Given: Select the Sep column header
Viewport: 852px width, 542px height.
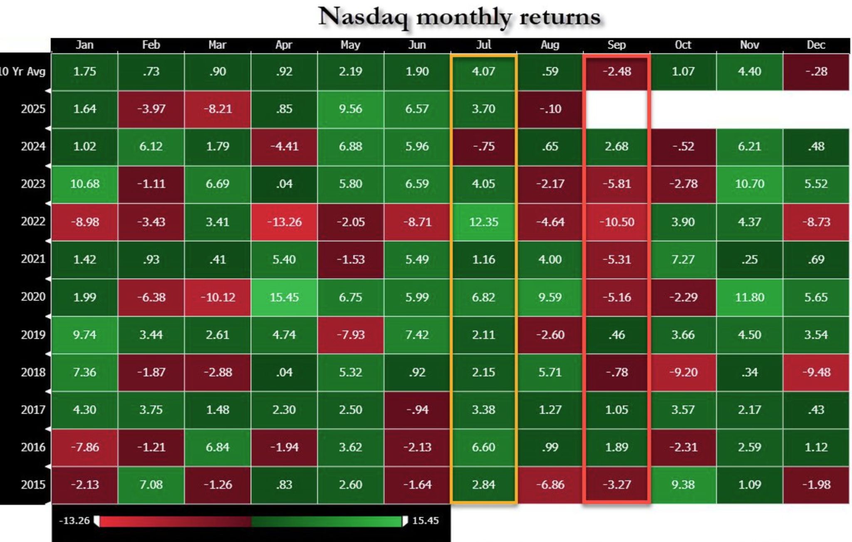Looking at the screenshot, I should coord(616,45).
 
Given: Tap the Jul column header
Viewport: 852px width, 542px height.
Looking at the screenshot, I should coord(483,45).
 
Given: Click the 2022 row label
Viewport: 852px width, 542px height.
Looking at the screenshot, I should coord(33,221).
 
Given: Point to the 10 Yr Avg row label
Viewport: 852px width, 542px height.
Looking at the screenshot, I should coord(23,71).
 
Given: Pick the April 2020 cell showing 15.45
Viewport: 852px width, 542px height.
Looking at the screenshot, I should coord(284,297).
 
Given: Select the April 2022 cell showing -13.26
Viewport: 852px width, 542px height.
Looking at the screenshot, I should coord(284,222).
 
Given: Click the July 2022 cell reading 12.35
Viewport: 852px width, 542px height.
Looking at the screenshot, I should coord(483,222).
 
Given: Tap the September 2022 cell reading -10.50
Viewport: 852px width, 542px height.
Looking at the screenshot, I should coord(617,222).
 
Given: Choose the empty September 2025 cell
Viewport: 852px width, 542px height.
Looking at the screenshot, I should coord(617,109).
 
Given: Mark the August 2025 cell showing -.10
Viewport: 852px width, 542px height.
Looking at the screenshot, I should coord(550,109).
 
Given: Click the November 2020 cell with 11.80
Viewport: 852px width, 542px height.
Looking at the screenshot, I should coord(750,297).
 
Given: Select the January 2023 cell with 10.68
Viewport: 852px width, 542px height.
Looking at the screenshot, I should coord(84,184).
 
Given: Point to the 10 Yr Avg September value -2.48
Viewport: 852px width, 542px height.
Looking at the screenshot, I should coord(617,71).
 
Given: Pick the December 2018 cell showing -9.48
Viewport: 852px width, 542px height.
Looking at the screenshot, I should coord(816,372).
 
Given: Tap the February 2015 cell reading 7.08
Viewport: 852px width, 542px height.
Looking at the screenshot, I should coord(151,485).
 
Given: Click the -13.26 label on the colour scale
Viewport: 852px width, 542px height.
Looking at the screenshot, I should coord(74,520).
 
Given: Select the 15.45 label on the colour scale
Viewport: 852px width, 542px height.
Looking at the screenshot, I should coord(425,520).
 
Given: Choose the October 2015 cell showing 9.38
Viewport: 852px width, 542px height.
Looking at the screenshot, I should coord(683,485).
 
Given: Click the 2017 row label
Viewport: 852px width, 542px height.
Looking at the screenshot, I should coord(33,409).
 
